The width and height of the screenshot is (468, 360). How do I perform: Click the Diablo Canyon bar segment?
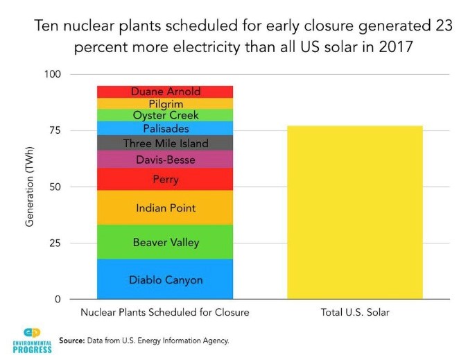point(165,280)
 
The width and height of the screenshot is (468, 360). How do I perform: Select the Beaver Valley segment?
point(165,242)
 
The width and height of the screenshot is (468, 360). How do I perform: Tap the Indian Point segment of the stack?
point(165,207)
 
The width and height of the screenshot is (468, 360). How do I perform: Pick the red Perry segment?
point(165,179)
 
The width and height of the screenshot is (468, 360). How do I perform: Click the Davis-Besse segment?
point(165,160)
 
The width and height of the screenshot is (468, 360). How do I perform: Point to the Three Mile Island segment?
point(165,143)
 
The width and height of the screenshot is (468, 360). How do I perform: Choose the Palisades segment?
point(165,128)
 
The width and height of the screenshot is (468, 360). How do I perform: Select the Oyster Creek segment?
point(165,115)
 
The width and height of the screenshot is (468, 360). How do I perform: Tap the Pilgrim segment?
point(165,103)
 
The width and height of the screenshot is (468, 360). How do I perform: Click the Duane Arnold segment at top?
point(165,92)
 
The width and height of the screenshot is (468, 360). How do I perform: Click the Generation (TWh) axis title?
point(30,187)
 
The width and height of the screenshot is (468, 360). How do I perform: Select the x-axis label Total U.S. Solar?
point(354,312)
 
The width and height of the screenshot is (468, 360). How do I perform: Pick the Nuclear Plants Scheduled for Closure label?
point(164,312)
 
